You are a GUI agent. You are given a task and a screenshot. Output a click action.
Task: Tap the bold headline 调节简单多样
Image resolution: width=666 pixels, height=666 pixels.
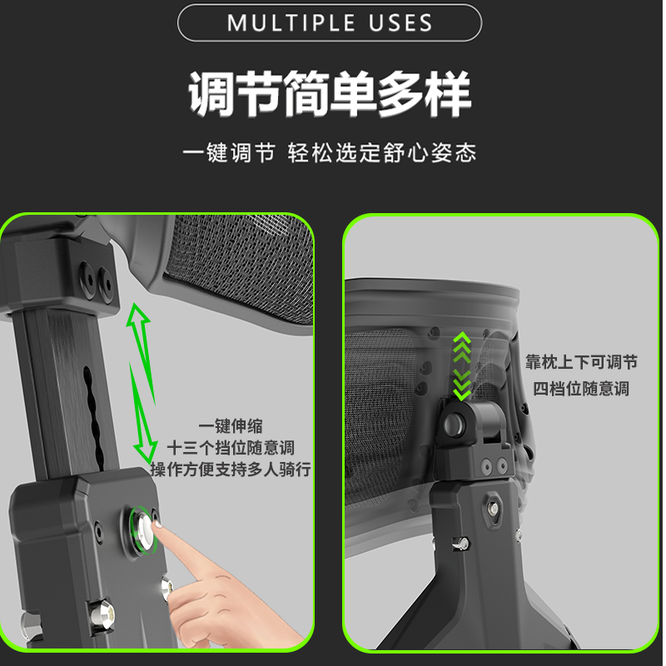point(331,94)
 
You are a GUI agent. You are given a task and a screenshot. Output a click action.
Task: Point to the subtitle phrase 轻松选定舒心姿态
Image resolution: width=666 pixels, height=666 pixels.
point(382,153)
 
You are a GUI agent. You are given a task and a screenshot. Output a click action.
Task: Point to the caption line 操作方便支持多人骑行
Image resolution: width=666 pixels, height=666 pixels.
point(231,469)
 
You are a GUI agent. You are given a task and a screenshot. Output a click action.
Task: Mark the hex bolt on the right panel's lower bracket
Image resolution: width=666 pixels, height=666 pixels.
point(493,505)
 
